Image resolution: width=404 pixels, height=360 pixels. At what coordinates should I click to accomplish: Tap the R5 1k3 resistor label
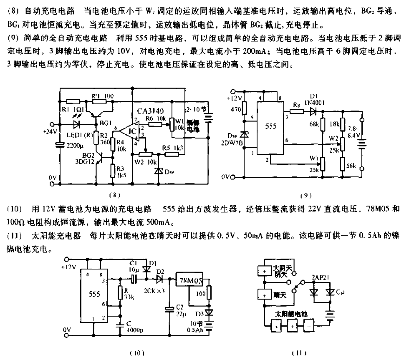tap(174, 147)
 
